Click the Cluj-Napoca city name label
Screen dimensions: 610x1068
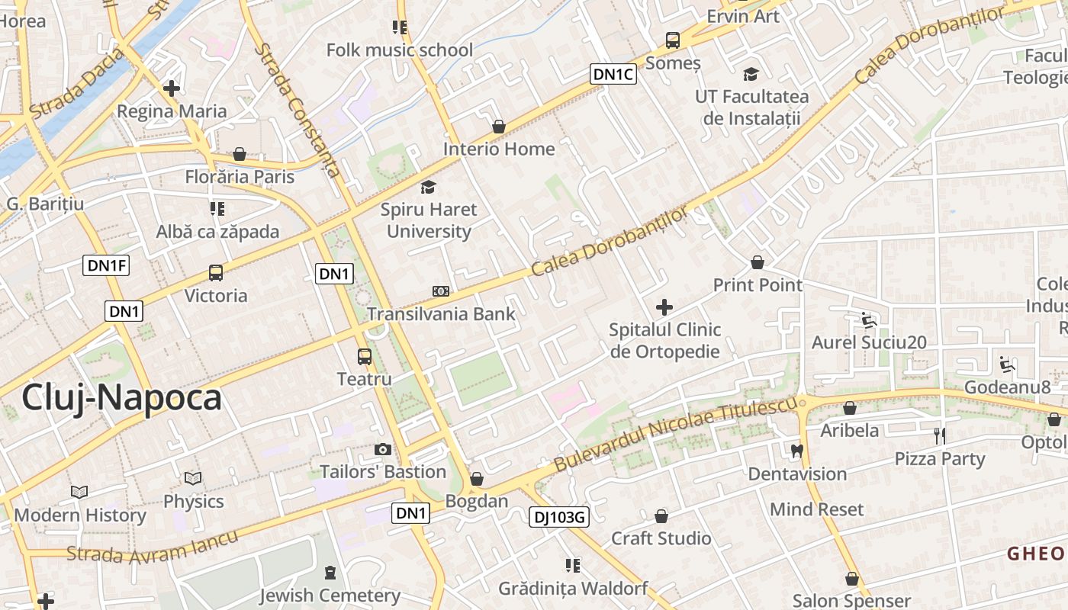121,397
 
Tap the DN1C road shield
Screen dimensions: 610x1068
613,74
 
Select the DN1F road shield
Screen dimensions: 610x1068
106,265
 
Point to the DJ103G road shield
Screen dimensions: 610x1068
559,518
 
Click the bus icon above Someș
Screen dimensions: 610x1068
672,40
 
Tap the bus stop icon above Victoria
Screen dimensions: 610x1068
216,273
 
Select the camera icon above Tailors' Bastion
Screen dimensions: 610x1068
383,450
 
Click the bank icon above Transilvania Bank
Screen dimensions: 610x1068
440,291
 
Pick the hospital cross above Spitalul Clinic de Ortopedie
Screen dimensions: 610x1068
664,307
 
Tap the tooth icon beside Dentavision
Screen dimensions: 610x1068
798,451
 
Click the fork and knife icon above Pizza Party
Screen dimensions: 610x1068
940,436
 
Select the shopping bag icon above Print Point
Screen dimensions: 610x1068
758,263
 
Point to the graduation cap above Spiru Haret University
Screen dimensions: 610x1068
429,187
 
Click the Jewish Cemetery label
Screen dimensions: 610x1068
330,595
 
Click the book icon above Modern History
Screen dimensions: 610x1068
79,493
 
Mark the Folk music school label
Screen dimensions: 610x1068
400,50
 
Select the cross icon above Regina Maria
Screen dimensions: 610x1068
172,88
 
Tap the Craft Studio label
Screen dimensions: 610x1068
661,538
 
